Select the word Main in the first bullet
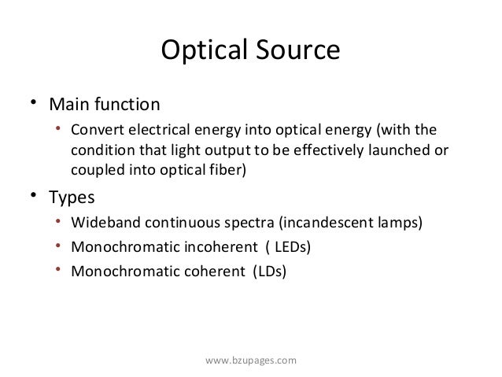(x=69, y=105)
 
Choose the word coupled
(x=95, y=169)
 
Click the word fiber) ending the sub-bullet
(x=227, y=169)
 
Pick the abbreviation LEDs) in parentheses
(x=292, y=247)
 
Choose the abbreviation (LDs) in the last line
(x=269, y=272)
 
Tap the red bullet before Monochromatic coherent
(x=59, y=272)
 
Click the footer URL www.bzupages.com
(x=250, y=360)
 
